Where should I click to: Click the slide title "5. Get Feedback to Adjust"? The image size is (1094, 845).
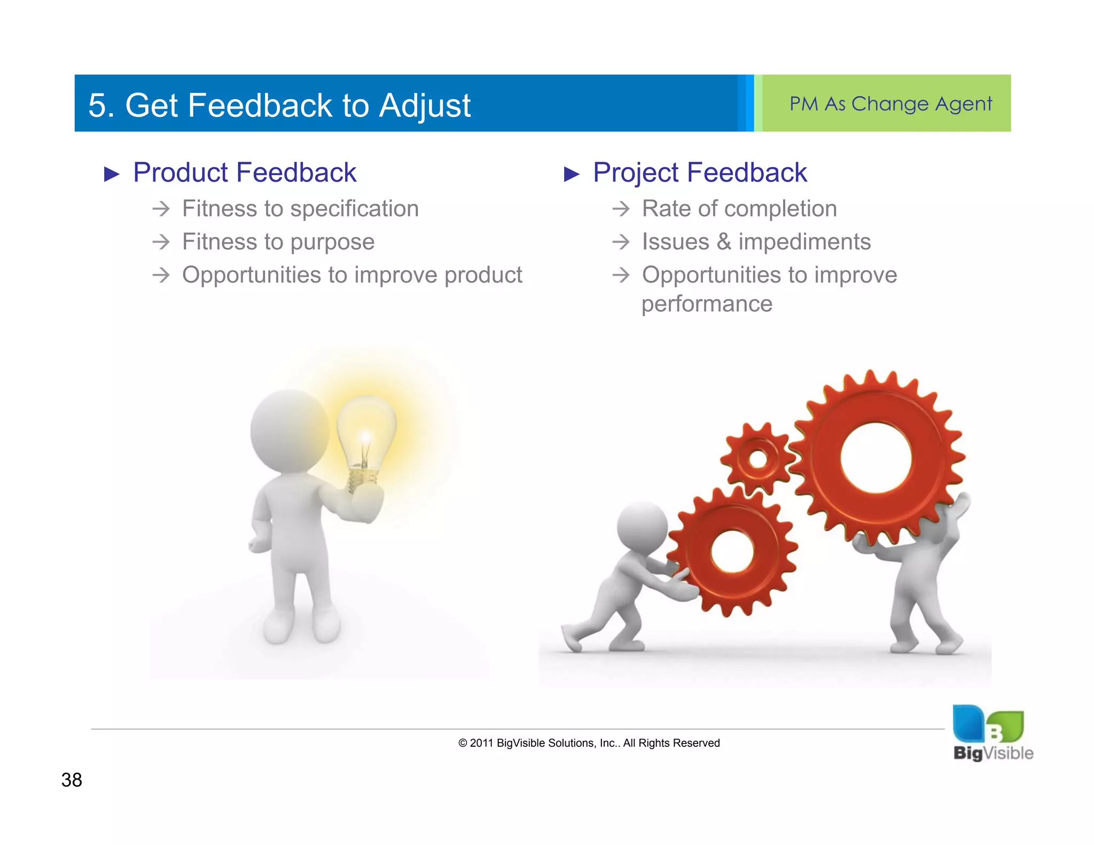point(279,105)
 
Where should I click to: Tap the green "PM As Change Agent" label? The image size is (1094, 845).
point(890,104)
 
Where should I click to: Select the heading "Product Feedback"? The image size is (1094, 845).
point(244,173)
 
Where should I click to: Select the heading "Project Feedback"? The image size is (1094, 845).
point(699,173)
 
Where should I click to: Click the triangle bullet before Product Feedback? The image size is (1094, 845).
point(111,174)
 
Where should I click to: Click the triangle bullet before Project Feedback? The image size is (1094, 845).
point(571,174)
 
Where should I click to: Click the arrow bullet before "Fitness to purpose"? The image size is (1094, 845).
point(161,242)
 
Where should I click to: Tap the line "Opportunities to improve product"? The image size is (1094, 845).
point(351,275)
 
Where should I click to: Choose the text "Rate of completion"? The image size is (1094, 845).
point(739,209)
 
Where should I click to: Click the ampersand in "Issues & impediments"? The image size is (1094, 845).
point(723,241)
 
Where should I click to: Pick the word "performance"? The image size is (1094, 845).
point(706,304)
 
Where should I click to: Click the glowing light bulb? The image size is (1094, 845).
point(366,435)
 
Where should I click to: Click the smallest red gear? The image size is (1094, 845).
point(757,458)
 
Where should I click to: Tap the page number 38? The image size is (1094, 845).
point(72,780)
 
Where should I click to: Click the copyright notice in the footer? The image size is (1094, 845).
point(589,743)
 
